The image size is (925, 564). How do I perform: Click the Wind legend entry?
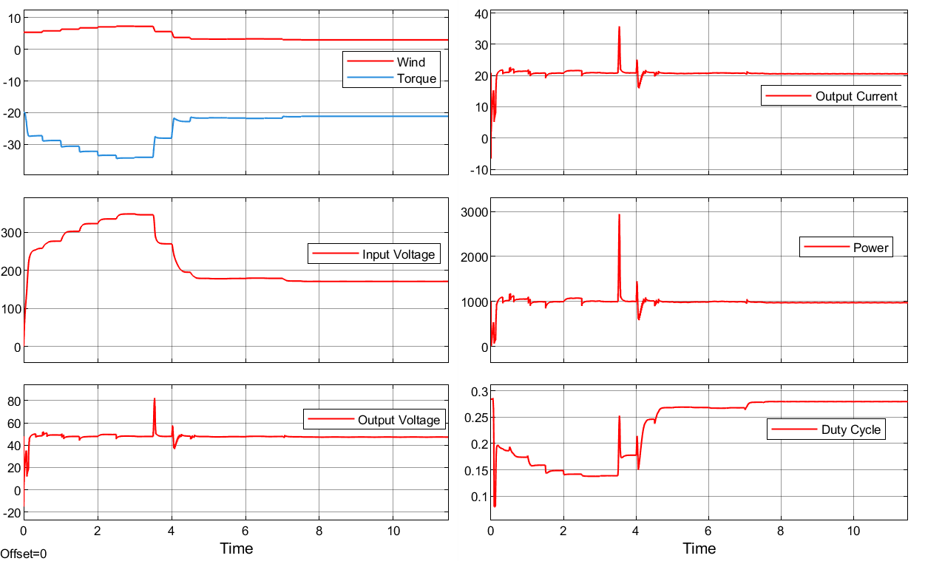[x=411, y=62]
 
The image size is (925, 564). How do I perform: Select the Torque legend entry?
[x=416, y=79]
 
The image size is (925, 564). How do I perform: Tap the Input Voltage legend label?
[x=398, y=255]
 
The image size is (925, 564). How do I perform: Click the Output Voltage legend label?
[x=399, y=420]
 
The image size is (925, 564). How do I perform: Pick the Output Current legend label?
[x=856, y=96]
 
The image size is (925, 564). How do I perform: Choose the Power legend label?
[x=870, y=248]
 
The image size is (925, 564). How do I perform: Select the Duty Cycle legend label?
[x=851, y=429]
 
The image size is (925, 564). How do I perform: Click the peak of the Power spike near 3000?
[x=619, y=215]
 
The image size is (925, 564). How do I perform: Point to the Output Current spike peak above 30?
[x=619, y=27]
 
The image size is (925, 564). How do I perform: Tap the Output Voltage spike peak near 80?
[x=155, y=399]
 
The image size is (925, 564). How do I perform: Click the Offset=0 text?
[x=24, y=553]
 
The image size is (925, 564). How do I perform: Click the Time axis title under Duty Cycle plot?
[x=699, y=548]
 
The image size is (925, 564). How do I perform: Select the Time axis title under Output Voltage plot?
[x=236, y=548]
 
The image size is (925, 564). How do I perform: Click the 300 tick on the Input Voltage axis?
[x=10, y=232]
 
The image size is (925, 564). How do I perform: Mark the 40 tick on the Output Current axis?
[x=481, y=13]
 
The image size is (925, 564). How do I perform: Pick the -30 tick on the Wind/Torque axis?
[x=10, y=144]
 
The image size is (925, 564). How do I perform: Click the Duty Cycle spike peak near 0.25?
[x=620, y=417]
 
